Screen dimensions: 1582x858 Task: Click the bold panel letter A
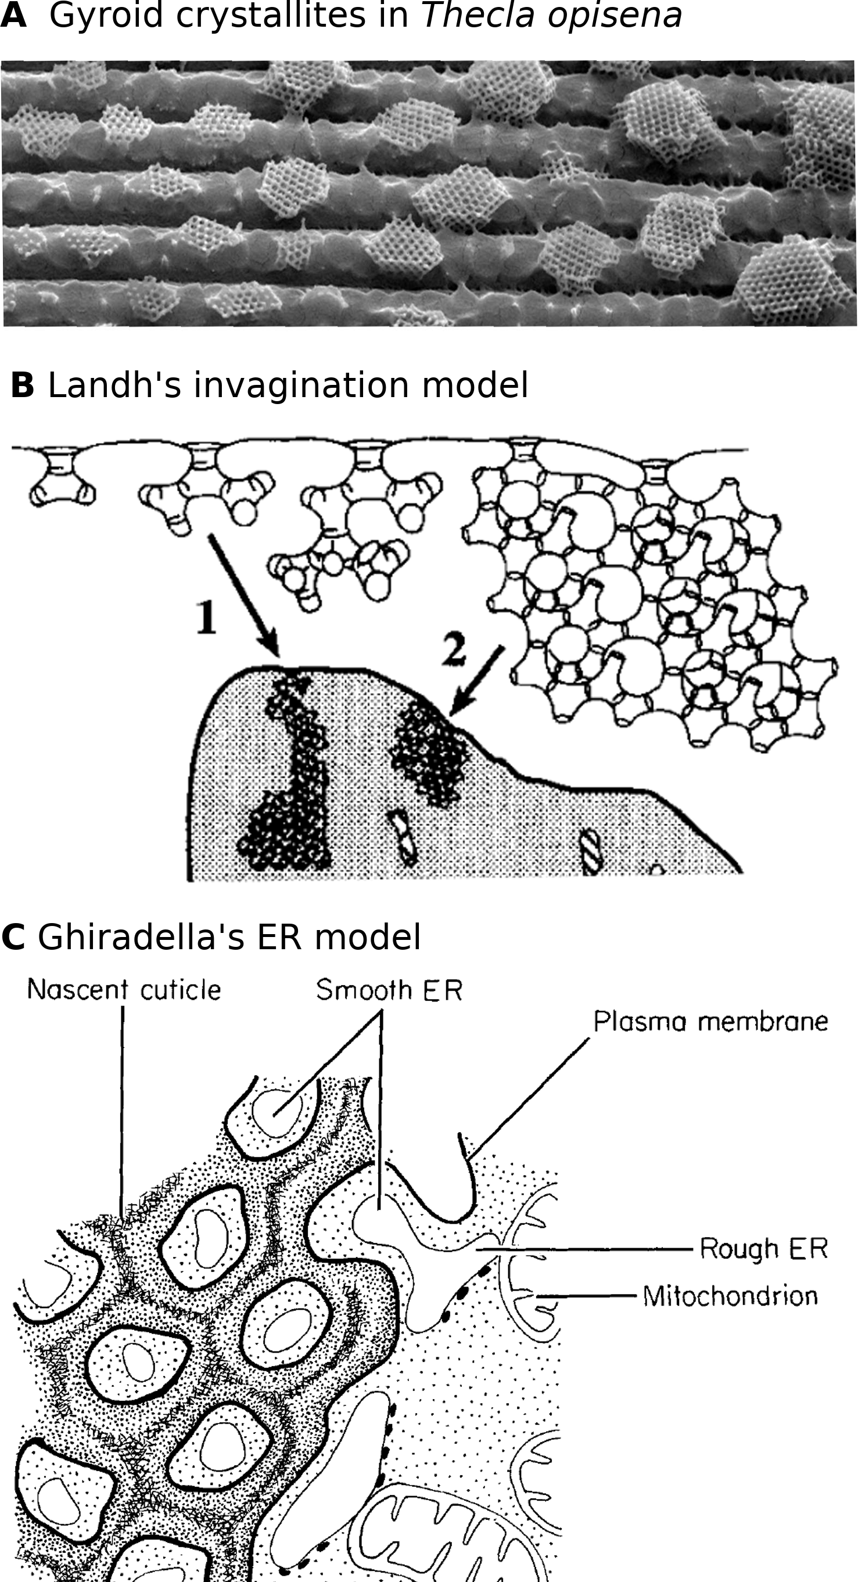(13, 16)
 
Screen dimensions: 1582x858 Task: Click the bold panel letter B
(23, 385)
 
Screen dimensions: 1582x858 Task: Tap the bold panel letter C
(13, 937)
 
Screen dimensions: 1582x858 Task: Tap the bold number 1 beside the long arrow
(206, 617)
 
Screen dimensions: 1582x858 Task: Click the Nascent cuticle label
(124, 989)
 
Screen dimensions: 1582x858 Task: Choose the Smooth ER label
(389, 989)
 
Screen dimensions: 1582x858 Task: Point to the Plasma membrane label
(710, 1021)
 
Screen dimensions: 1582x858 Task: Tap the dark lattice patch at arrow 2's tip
(430, 752)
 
